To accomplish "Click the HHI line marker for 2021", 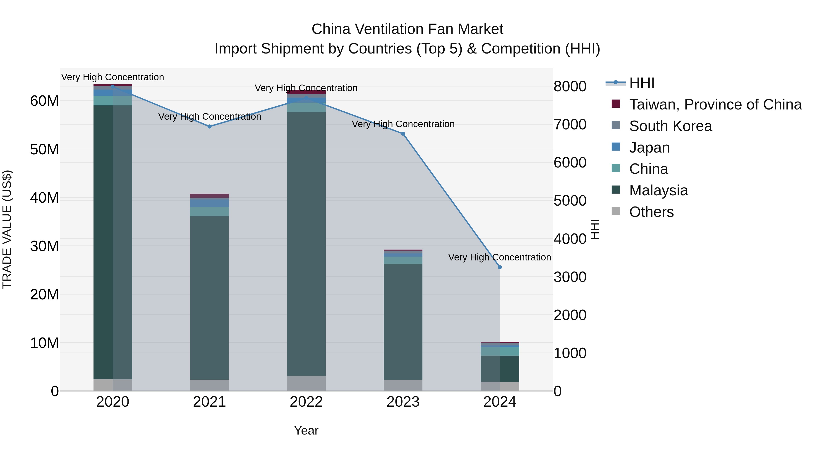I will point(209,126).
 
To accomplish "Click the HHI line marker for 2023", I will point(403,134).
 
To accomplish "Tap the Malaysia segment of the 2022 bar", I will point(306,244).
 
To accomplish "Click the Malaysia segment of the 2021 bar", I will point(209,298).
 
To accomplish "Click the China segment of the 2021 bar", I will point(209,212).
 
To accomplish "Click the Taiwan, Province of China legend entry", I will point(715,104).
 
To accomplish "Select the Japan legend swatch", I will point(616,147).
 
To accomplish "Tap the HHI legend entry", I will point(642,83).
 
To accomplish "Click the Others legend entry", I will point(651,212).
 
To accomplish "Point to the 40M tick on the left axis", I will point(44,198).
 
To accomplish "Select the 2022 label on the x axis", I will point(306,402).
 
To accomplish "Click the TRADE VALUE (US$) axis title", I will point(7,229).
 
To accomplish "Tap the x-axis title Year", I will point(306,430).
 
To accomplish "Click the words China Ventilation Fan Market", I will point(407,29).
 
